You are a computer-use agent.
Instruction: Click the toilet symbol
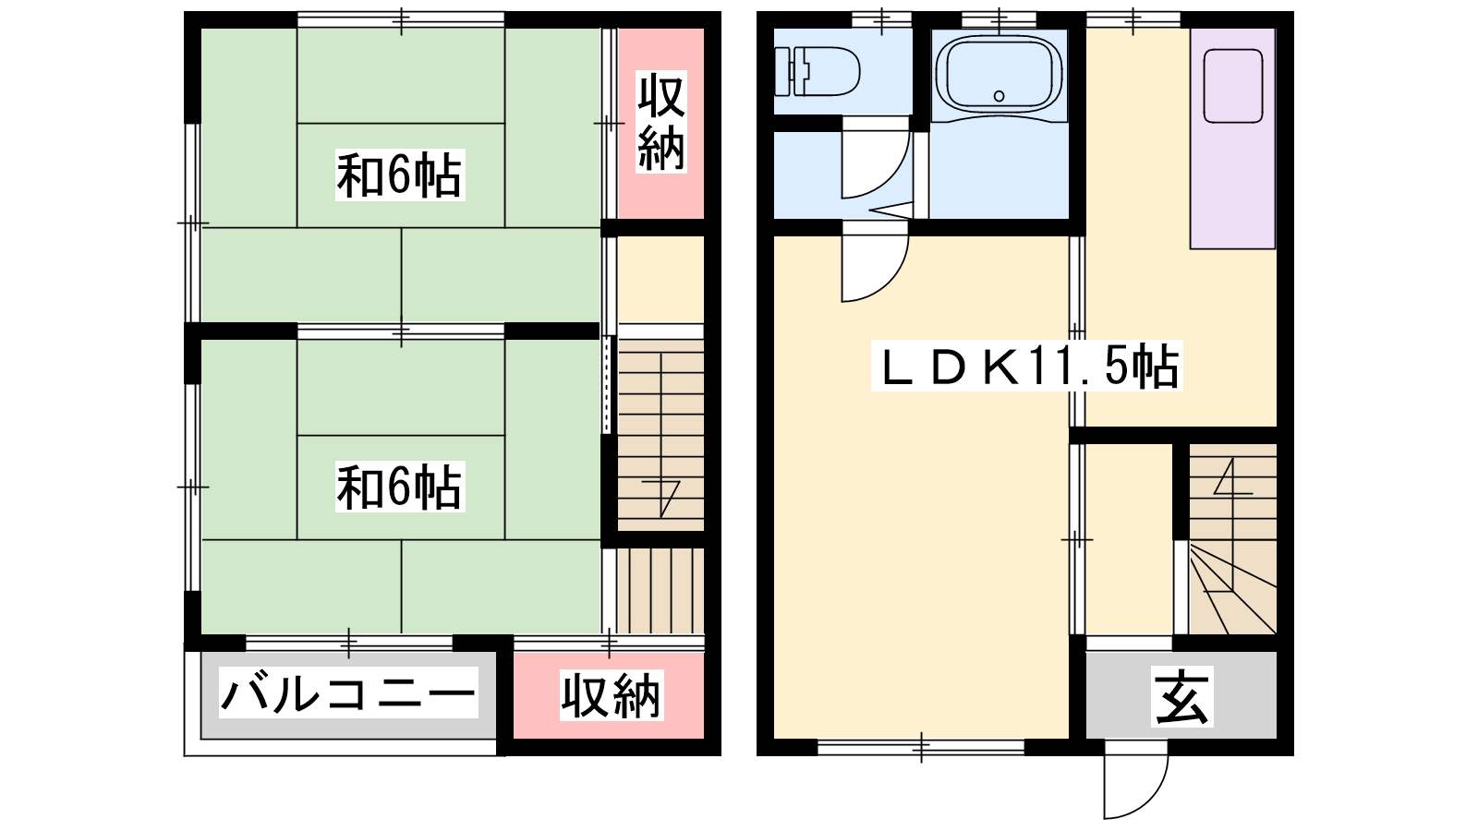(x=817, y=70)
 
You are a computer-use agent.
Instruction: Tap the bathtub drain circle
(x=999, y=96)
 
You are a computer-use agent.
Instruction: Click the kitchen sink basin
(x=1232, y=86)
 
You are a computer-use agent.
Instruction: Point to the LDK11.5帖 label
(x=1026, y=366)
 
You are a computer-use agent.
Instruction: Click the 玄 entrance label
(x=1181, y=696)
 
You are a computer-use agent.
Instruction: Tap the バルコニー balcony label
(x=348, y=692)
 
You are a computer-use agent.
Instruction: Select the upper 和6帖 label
(x=400, y=175)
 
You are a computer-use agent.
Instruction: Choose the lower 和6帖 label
(x=400, y=487)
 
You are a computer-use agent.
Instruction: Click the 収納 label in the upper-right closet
(x=661, y=122)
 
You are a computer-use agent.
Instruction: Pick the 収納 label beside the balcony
(x=611, y=695)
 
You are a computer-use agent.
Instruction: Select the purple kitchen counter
(x=1232, y=138)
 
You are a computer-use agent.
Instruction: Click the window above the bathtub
(x=999, y=19)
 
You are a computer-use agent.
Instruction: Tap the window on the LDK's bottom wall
(x=921, y=747)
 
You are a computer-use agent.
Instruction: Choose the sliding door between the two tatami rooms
(x=401, y=331)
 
